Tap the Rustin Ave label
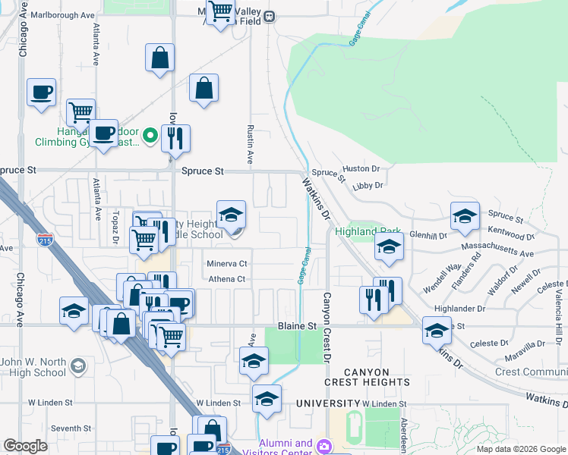pyautogui.click(x=250, y=144)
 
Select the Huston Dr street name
pyautogui.click(x=361, y=168)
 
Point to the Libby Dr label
pyautogui.click(x=368, y=184)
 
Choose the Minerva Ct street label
pyautogui.click(x=227, y=263)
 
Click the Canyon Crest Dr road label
pyautogui.click(x=328, y=328)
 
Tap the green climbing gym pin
pyautogui.click(x=150, y=137)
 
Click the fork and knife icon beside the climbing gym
pyautogui.click(x=175, y=138)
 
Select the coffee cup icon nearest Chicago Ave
pyautogui.click(x=42, y=93)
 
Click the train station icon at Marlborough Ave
pyautogui.click(x=269, y=15)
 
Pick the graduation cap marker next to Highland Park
pyautogui.click(x=389, y=246)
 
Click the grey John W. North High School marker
pyautogui.click(x=77, y=368)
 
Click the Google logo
pyautogui.click(x=25, y=446)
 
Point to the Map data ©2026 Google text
pyautogui.click(x=521, y=449)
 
